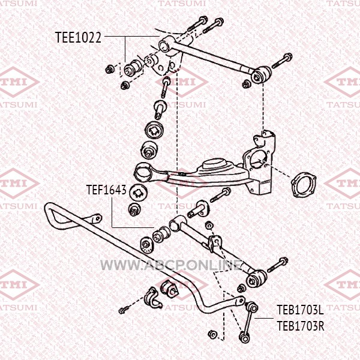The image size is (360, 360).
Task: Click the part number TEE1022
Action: click(78, 37)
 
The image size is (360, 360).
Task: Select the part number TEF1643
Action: click(106, 190)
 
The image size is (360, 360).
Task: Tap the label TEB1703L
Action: click(301, 310)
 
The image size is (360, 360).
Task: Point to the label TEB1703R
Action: click(301, 326)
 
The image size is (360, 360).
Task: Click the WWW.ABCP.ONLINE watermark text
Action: click(172, 265)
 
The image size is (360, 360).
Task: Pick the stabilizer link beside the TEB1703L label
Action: click(249, 322)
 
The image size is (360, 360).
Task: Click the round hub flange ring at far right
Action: click(303, 185)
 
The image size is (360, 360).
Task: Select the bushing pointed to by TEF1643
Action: click(161, 234)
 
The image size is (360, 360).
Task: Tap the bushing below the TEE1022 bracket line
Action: click(133, 68)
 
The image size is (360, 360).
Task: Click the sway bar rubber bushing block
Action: click(170, 289)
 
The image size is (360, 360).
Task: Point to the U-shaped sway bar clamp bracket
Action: click(152, 298)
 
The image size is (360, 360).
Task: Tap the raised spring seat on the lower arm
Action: click(212, 165)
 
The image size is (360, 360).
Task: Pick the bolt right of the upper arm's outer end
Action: click(282, 61)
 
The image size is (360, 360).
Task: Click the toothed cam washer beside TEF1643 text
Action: click(138, 192)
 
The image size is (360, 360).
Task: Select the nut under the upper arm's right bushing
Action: click(246, 84)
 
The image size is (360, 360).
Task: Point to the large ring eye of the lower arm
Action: click(143, 173)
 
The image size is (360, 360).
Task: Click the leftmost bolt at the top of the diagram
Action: click(197, 24)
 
